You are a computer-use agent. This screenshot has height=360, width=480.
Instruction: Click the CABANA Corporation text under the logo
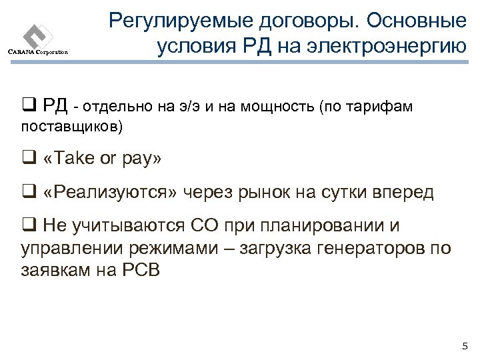tap(38, 53)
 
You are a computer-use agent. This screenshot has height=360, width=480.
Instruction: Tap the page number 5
tap(465, 345)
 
